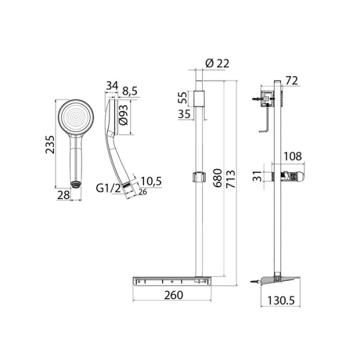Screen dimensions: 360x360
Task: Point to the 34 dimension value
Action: (x=110, y=86)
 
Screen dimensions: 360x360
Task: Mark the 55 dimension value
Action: (x=184, y=97)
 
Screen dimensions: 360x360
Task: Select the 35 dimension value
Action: (x=184, y=113)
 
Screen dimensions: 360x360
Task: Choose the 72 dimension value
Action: (x=292, y=80)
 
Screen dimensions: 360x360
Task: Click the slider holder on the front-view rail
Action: (x=198, y=177)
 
